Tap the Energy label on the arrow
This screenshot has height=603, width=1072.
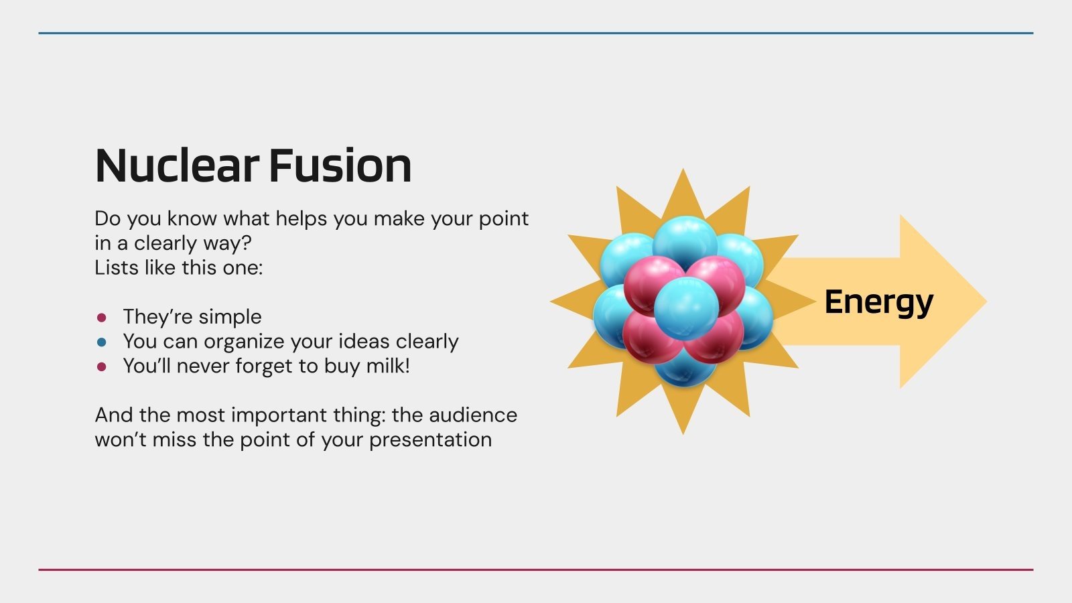pyautogui.click(x=878, y=302)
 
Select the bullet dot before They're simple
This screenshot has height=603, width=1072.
pyautogui.click(x=102, y=317)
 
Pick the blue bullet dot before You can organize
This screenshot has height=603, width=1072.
pyautogui.click(x=102, y=342)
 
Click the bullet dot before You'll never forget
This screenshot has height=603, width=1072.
pyautogui.click(x=102, y=366)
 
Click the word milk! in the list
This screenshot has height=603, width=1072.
pyautogui.click(x=388, y=366)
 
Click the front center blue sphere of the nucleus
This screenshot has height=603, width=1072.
pyautogui.click(x=685, y=309)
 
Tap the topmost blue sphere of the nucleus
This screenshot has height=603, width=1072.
pyautogui.click(x=685, y=241)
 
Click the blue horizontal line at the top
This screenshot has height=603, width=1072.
pyautogui.click(x=536, y=33)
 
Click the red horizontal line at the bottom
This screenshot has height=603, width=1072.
pyautogui.click(x=536, y=569)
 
